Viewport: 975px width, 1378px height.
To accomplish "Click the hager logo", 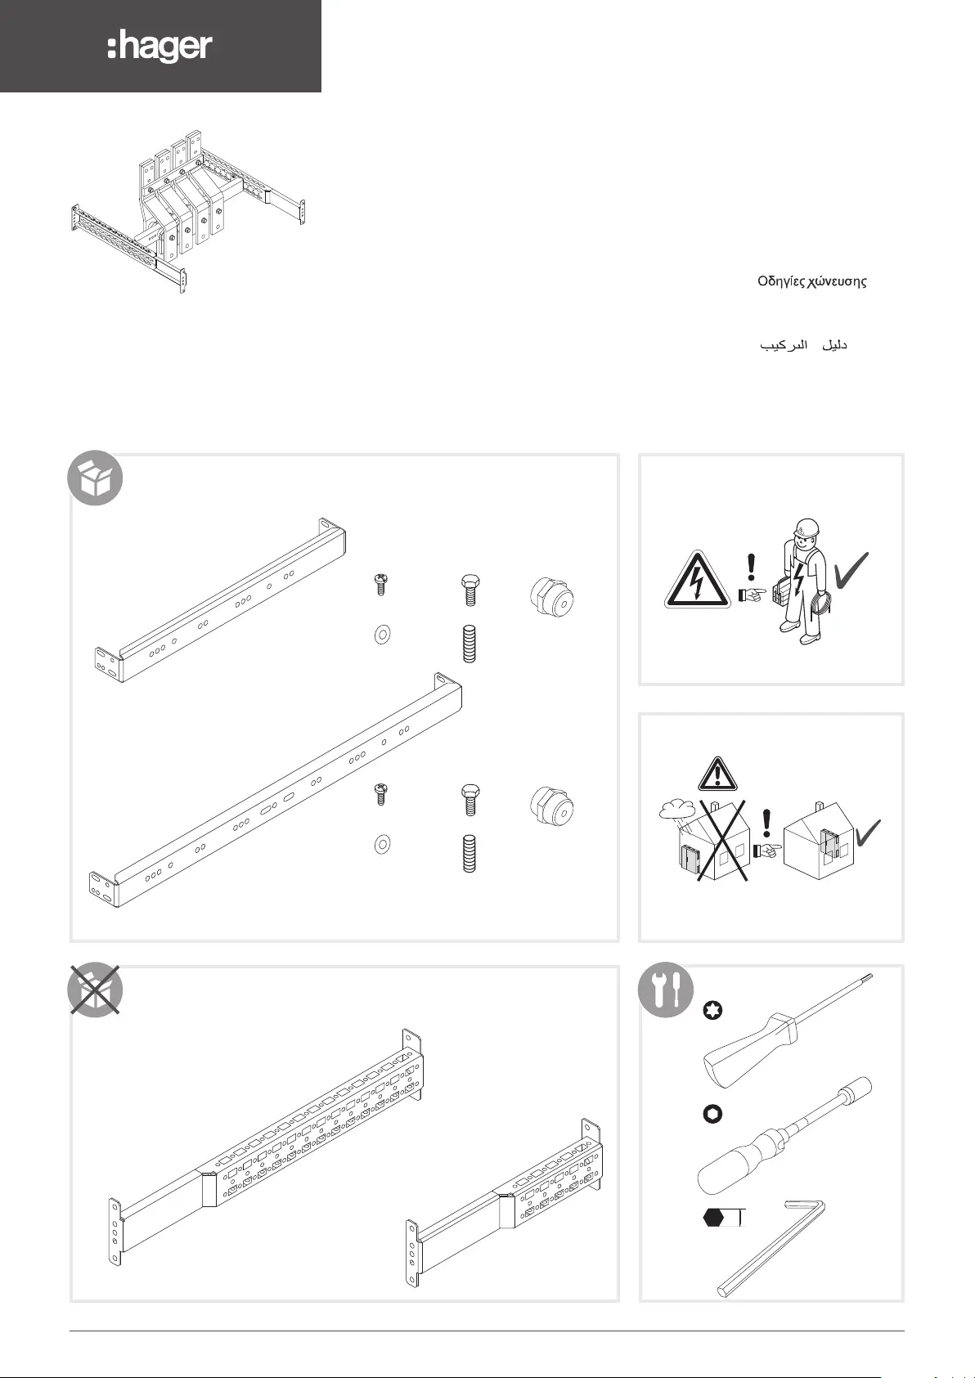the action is pyautogui.click(x=160, y=47).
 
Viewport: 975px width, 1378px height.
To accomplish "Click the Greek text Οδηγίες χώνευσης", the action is pyautogui.click(x=811, y=281).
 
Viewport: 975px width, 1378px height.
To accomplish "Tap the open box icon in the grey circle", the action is pyautogui.click(x=95, y=478).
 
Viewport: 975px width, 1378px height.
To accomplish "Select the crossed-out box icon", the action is pyautogui.click(x=95, y=990).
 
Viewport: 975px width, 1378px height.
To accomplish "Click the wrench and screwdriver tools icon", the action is pyautogui.click(x=666, y=990).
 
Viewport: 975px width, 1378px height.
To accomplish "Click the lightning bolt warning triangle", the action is pyautogui.click(x=697, y=581).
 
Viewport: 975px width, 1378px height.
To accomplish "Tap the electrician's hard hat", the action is pyautogui.click(x=807, y=527).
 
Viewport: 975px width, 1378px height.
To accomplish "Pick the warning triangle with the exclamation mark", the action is pyautogui.click(x=717, y=773).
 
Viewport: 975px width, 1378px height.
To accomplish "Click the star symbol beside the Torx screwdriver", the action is pyautogui.click(x=713, y=1012).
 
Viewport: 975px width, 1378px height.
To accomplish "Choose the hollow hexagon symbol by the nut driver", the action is pyautogui.click(x=712, y=1114).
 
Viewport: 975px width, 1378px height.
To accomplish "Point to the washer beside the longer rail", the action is pyautogui.click(x=381, y=844).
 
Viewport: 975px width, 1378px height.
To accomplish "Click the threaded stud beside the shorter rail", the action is pyautogui.click(x=470, y=644).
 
